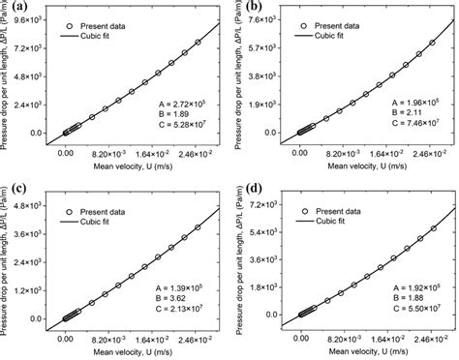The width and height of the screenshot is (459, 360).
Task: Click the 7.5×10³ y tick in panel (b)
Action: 272,18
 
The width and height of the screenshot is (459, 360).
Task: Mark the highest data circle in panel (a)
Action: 198,42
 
